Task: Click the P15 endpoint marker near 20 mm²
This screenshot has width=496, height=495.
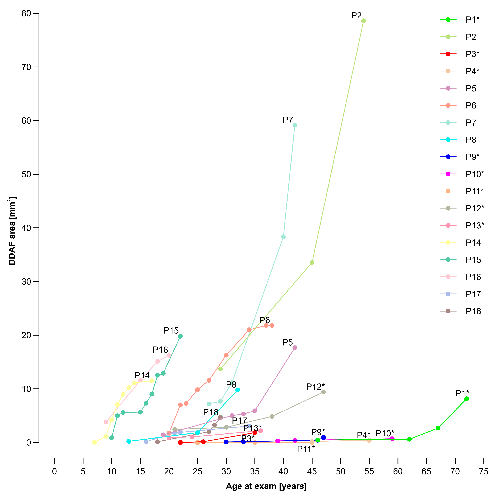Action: pyautogui.click(x=180, y=336)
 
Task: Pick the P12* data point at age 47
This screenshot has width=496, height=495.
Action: pyautogui.click(x=323, y=392)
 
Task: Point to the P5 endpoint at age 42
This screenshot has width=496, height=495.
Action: pyautogui.click(x=295, y=348)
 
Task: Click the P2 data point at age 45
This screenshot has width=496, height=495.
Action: pyautogui.click(x=312, y=262)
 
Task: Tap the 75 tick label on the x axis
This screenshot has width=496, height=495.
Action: pyautogui.click(x=484, y=471)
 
